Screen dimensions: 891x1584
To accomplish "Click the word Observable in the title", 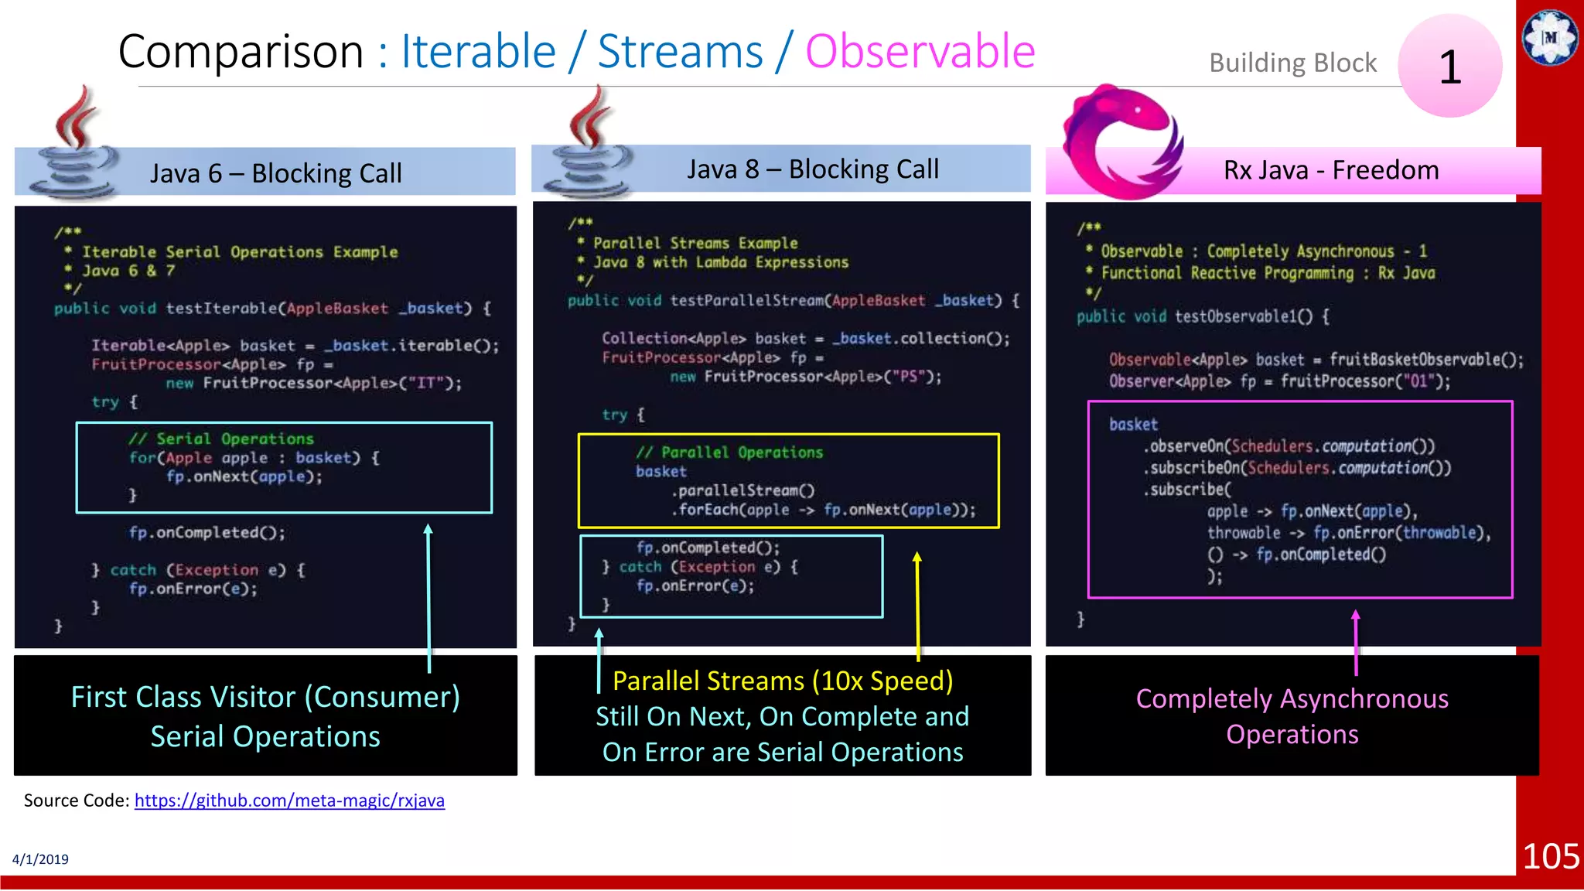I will tap(920, 52).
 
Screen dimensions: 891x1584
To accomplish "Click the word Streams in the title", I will tap(680, 52).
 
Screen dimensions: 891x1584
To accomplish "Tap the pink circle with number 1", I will tap(1449, 67).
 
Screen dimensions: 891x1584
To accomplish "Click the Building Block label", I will tap(1292, 63).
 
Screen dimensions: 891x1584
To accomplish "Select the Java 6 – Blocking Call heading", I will tap(275, 173).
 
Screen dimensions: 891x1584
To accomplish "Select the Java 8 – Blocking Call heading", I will tap(812, 169).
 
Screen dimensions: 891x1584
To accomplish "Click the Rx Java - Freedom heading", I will tap(1330, 170).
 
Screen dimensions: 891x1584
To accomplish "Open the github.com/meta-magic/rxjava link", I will tap(289, 801).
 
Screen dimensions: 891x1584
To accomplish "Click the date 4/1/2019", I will tap(40, 859).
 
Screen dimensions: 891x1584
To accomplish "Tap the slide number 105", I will tap(1550, 856).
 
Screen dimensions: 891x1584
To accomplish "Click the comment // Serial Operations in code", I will tap(221, 439).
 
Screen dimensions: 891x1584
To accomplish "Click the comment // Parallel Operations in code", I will tap(729, 452).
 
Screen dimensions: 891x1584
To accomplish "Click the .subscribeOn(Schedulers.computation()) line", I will tap(1297, 468).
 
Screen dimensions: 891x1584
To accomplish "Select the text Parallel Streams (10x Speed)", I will tap(782, 681).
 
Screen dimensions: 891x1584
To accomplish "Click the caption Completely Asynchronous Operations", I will tap(1292, 716).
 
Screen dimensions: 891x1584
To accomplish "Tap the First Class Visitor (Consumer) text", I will tap(265, 697).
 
